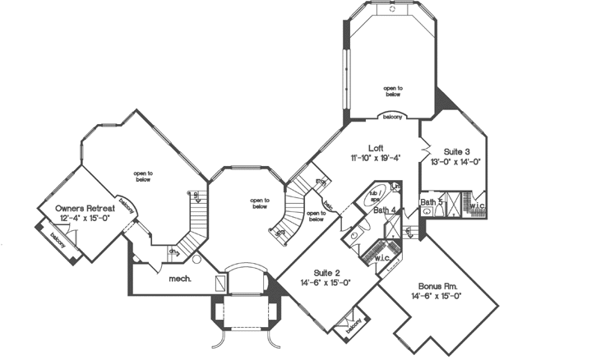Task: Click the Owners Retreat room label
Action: coord(85,210)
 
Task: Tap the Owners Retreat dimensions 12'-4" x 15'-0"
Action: coord(85,219)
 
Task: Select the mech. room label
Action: coord(180,279)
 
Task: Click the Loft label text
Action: coord(376,149)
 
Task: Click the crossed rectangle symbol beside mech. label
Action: coord(219,282)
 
